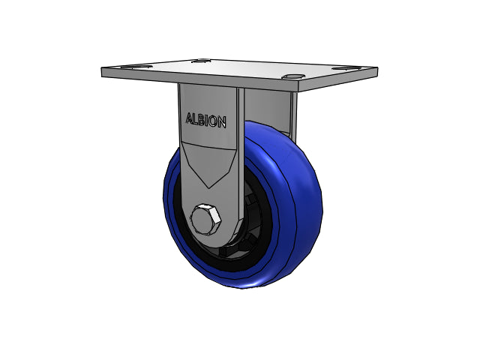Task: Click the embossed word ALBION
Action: (206, 120)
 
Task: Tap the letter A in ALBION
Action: (190, 118)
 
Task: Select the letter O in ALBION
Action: (213, 121)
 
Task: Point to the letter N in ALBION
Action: (222, 122)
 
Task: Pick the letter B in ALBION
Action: (202, 120)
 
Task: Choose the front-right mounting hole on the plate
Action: (293, 76)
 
